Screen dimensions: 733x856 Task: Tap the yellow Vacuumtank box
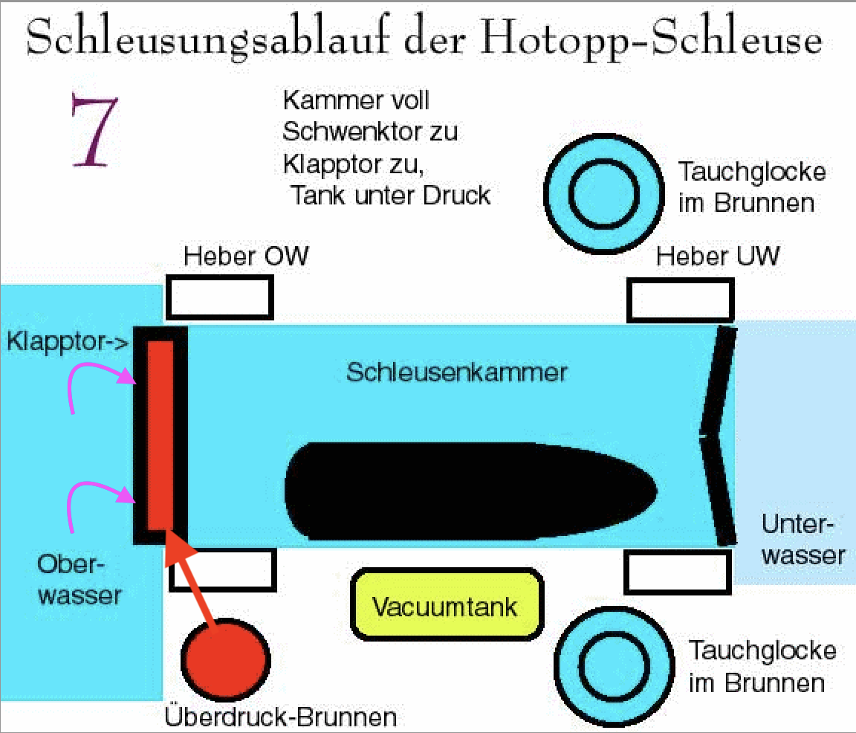[x=444, y=606]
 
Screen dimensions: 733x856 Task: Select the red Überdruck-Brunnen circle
[x=225, y=659]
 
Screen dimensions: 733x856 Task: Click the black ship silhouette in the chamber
[x=468, y=491]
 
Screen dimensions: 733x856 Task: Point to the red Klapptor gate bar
[x=160, y=435]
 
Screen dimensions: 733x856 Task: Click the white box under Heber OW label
[x=219, y=297]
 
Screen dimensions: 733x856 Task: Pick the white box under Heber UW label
[x=684, y=300]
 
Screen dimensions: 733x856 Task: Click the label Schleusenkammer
[x=456, y=372]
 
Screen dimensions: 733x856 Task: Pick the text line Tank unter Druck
[x=391, y=196]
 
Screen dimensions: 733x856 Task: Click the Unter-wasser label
[x=802, y=540]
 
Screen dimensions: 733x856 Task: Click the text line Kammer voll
[x=357, y=99]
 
